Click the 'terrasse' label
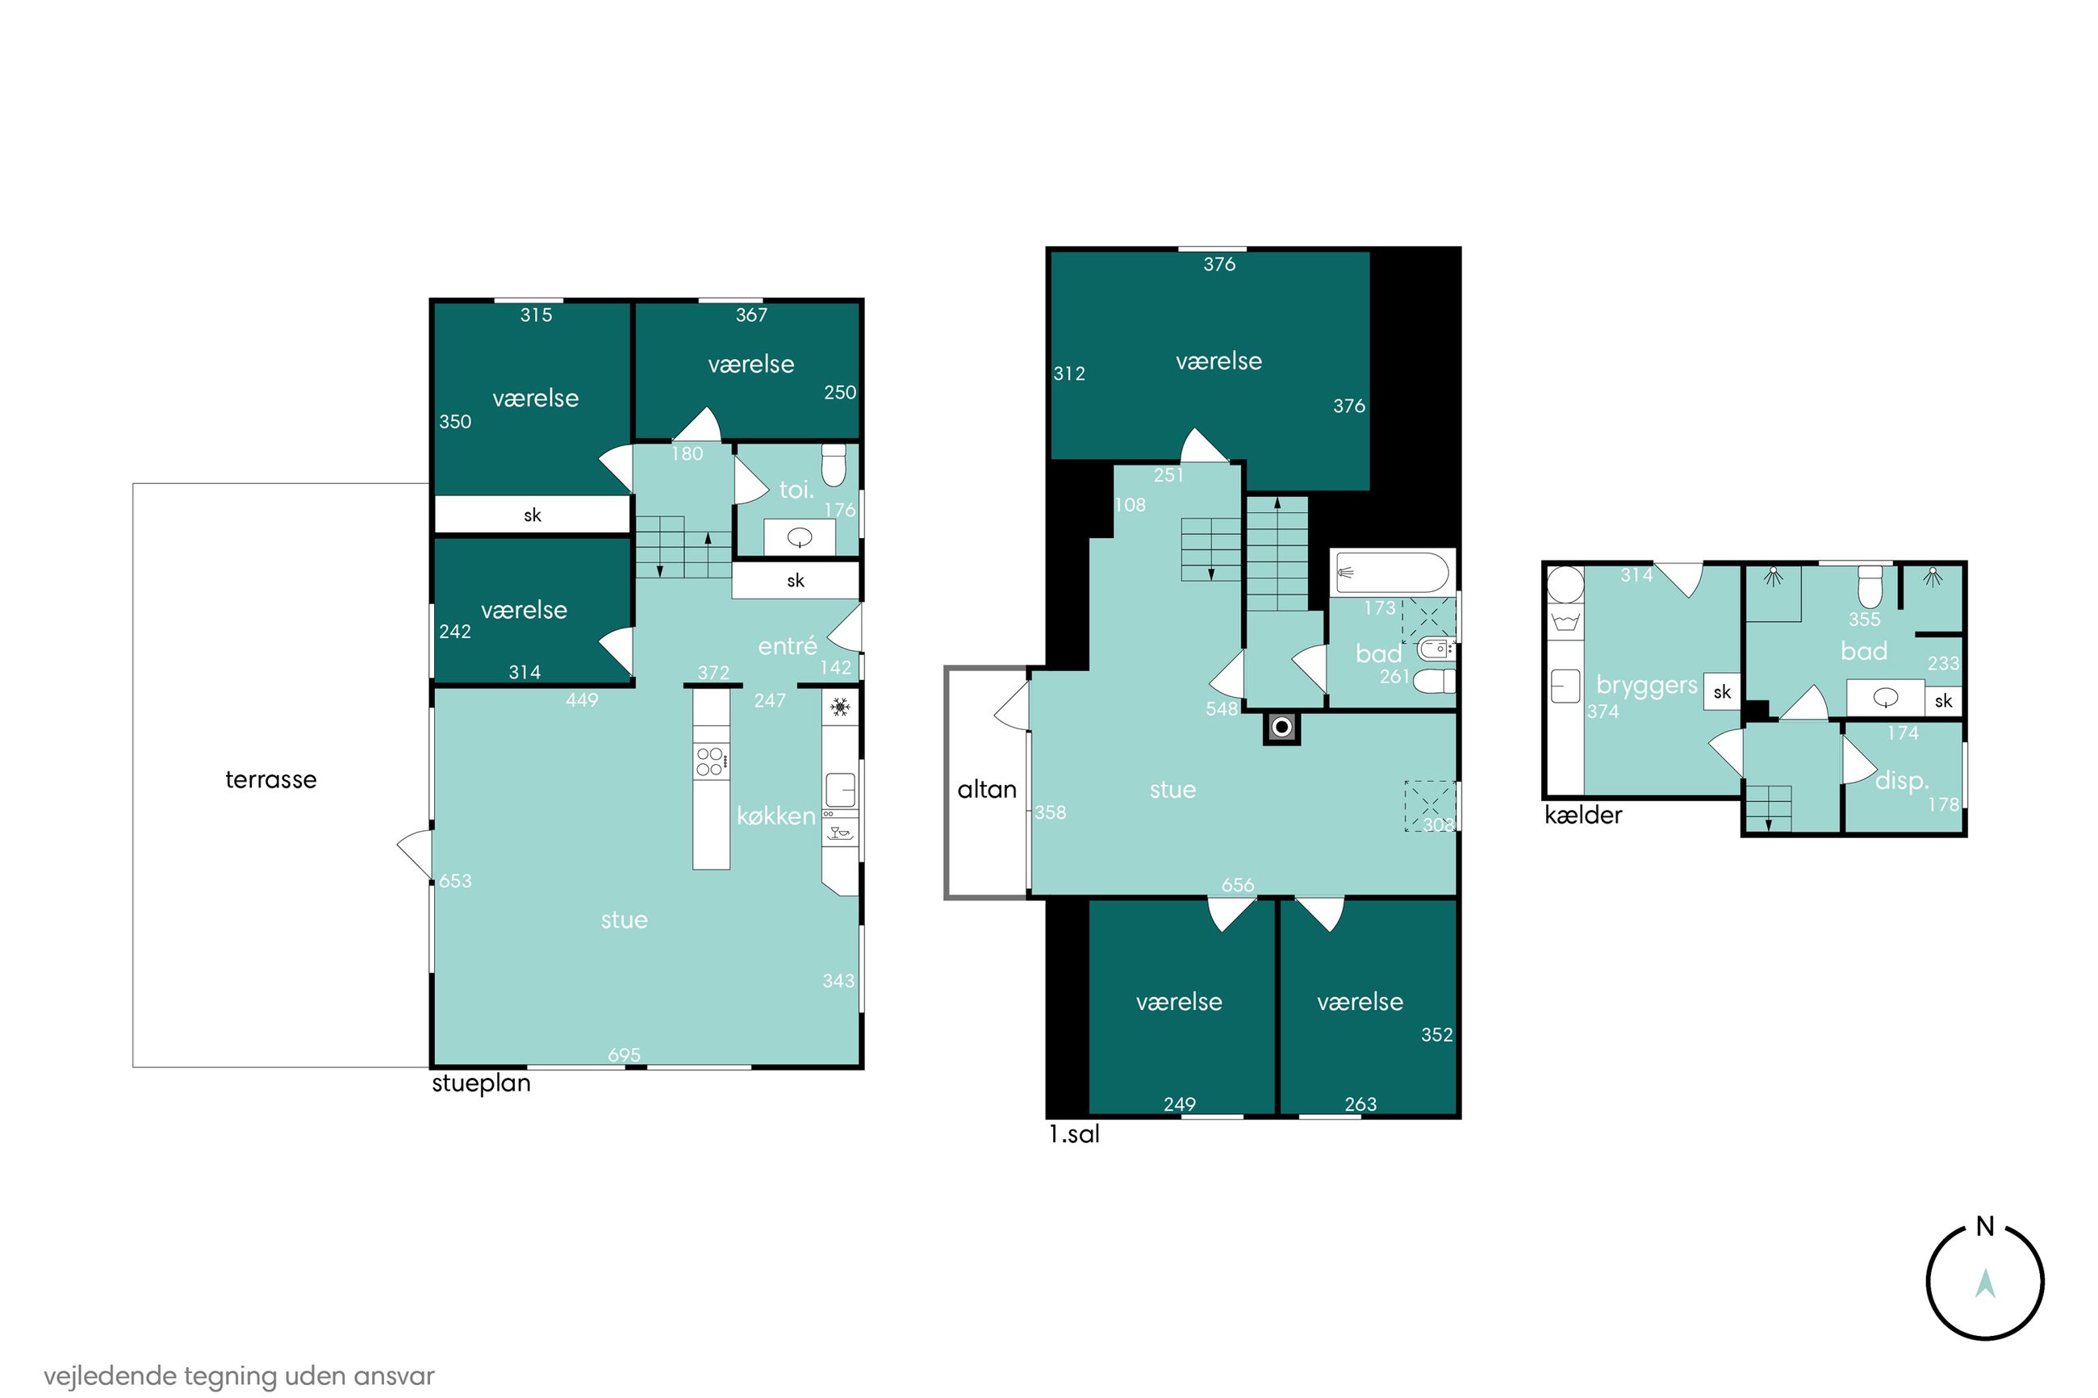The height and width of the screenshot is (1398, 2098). [271, 779]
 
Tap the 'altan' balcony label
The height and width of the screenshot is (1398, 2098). [986, 789]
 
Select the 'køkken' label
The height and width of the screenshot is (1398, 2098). [775, 816]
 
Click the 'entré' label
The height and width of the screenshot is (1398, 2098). [788, 645]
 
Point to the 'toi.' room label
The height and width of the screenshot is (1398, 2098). [796, 489]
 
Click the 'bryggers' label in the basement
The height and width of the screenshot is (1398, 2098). [1646, 685]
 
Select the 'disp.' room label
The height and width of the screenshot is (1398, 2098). [1902, 780]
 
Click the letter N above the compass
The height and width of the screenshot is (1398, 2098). [1985, 1227]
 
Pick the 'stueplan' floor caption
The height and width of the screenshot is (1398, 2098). [482, 1083]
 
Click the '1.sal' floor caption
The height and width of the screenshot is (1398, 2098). [1073, 1134]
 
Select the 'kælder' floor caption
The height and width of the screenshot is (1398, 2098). [1583, 815]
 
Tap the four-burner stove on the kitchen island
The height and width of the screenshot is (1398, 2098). [712, 762]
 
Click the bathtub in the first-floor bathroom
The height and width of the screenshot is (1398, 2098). [1391, 573]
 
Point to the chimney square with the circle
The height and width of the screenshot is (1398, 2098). [1281, 728]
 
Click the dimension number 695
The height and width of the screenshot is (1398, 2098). [624, 1054]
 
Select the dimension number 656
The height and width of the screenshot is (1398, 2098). [1238, 885]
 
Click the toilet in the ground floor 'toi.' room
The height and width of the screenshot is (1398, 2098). [834, 465]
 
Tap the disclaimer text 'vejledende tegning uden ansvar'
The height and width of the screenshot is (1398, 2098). [239, 1375]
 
